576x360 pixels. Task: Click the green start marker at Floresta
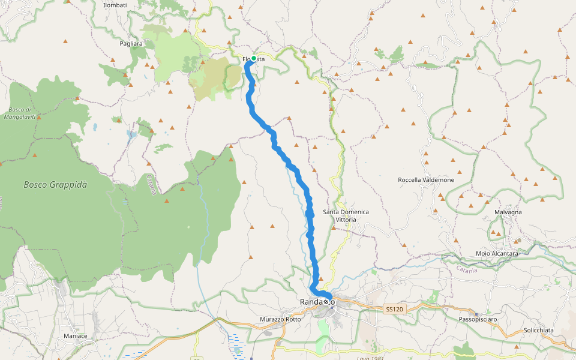(x=254, y=58)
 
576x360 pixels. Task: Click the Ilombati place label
(x=115, y=5)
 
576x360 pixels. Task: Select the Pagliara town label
(x=131, y=44)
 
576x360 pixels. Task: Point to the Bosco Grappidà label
(x=55, y=185)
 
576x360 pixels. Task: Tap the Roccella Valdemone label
(x=426, y=180)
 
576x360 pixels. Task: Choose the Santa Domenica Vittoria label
(x=346, y=216)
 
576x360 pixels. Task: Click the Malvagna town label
(x=508, y=212)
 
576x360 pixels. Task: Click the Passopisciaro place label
(x=478, y=319)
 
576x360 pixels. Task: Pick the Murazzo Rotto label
(x=281, y=319)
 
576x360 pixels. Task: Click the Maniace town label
(x=76, y=336)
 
